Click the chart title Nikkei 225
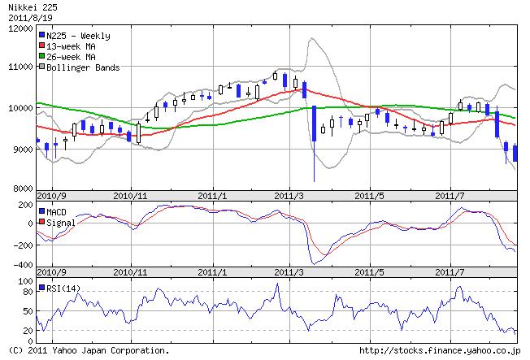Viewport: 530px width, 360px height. click(x=28, y=7)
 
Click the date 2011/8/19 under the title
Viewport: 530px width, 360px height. click(x=23, y=16)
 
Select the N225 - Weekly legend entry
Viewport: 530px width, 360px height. click(x=76, y=36)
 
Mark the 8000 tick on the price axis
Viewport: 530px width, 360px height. click(x=20, y=189)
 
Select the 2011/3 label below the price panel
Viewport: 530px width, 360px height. click(x=290, y=197)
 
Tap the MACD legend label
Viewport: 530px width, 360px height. click(x=59, y=211)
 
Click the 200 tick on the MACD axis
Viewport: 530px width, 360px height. click(x=24, y=205)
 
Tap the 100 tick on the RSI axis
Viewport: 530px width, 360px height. click(x=25, y=281)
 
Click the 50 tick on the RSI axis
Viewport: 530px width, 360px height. click(x=28, y=311)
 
